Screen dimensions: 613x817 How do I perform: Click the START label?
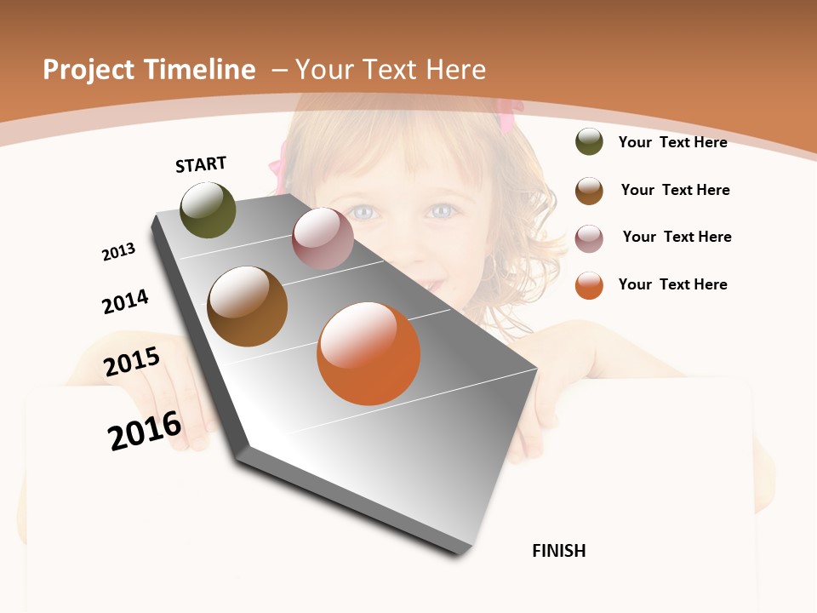click(201, 164)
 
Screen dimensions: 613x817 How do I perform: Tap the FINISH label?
click(558, 551)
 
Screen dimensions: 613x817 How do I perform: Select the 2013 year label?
click(118, 252)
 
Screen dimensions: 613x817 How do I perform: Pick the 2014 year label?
click(125, 301)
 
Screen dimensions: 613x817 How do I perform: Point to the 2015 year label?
click(132, 362)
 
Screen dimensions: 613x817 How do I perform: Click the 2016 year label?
click(145, 431)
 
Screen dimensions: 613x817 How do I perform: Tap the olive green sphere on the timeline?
click(208, 210)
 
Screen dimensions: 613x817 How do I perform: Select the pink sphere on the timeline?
click(323, 238)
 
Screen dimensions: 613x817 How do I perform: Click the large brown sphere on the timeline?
click(248, 306)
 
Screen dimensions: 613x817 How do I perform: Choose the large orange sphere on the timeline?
click(369, 353)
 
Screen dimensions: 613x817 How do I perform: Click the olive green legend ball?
click(589, 141)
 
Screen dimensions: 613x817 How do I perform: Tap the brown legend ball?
click(589, 191)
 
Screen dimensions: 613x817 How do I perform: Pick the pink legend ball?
click(589, 238)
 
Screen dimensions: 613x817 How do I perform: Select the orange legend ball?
click(589, 285)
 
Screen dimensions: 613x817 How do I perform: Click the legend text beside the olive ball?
click(672, 142)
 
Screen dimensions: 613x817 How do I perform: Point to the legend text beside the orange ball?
click(672, 284)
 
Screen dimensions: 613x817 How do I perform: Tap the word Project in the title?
click(89, 70)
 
